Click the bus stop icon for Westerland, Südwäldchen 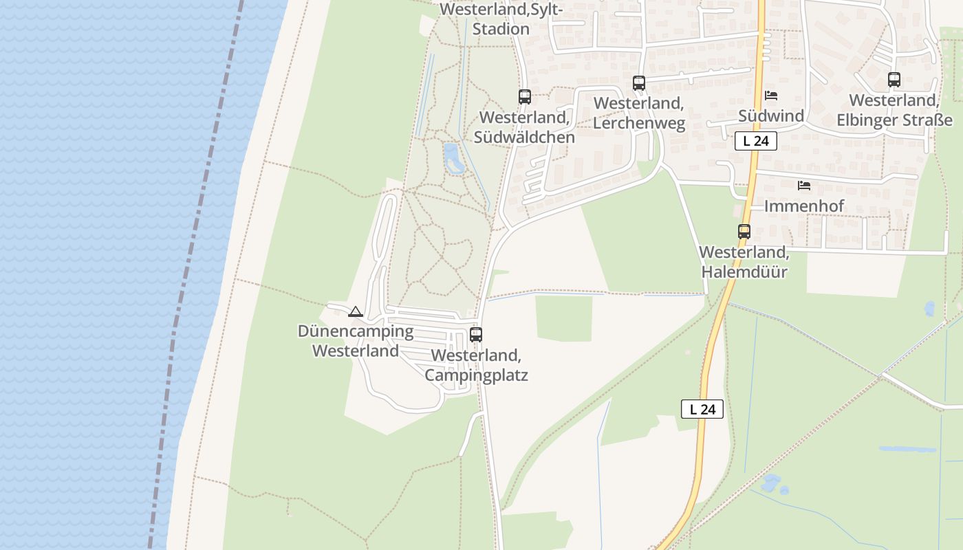[525, 97]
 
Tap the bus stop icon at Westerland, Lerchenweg [639, 83]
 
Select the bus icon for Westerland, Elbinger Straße [894, 80]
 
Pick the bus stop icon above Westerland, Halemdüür [744, 232]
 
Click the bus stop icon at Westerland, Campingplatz [476, 335]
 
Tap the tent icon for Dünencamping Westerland [355, 312]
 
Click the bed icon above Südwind [771, 96]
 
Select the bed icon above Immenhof [804, 186]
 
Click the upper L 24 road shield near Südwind [755, 141]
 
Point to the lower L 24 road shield [702, 409]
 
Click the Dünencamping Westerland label [356, 341]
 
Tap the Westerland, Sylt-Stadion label [501, 19]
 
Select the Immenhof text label [804, 206]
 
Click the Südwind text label [771, 115]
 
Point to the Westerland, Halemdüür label [744, 262]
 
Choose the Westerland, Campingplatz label [476, 365]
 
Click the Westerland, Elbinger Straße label [894, 110]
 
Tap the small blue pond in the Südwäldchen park [453, 158]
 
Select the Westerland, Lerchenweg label [639, 113]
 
